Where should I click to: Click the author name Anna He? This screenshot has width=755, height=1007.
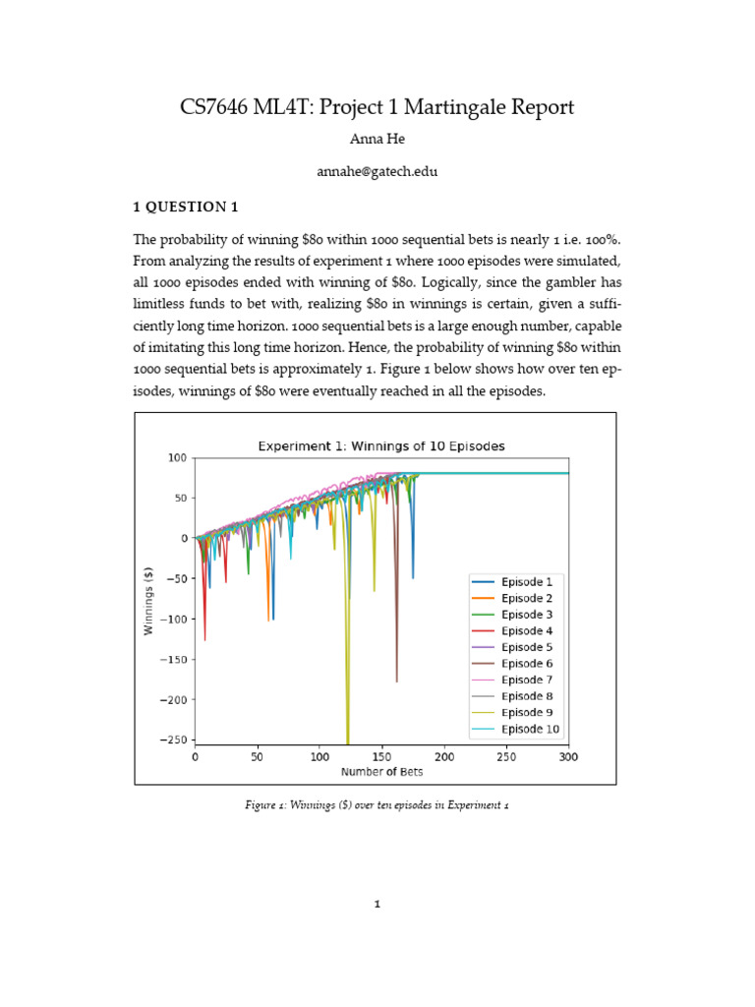point(377,139)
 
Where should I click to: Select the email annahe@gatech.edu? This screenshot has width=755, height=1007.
point(377,171)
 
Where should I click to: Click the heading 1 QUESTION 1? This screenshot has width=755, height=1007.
point(186,207)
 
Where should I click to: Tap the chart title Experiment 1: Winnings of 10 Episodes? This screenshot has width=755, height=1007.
point(381,445)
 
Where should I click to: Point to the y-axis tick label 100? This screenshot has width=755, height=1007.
point(177,458)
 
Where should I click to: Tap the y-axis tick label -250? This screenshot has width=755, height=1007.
point(173,740)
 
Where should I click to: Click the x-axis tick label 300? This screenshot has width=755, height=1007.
point(569,758)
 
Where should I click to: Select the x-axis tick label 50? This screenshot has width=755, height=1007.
point(257,758)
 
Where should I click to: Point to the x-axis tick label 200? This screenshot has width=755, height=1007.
point(444,758)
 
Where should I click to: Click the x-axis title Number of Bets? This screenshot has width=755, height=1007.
point(381,773)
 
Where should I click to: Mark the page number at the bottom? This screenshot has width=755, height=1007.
point(377,905)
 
